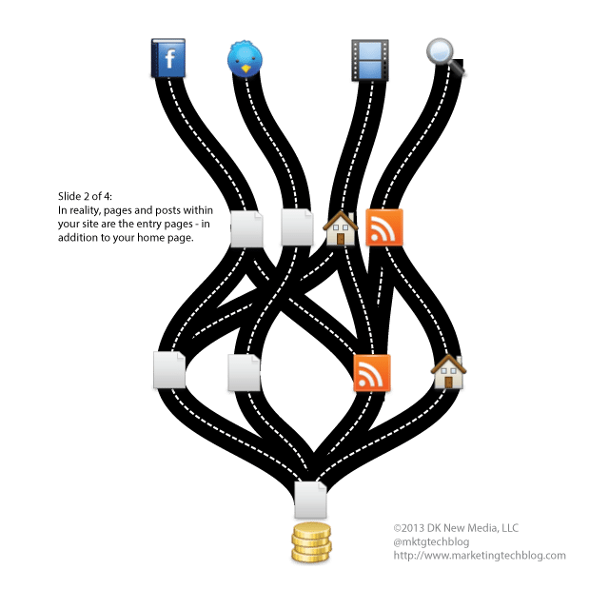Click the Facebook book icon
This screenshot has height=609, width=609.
[x=168, y=59]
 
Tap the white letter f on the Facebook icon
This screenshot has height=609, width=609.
[x=170, y=60]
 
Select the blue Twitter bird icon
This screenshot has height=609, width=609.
[x=246, y=59]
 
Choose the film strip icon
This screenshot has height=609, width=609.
[x=369, y=59]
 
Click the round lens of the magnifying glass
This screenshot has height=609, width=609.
[x=440, y=51]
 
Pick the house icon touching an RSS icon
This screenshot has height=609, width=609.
[x=341, y=228]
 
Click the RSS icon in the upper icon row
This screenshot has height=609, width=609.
[x=384, y=228]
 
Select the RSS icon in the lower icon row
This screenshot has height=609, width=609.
[x=372, y=373]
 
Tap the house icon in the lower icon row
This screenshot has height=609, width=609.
[x=448, y=371]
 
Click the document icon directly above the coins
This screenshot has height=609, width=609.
[x=310, y=500]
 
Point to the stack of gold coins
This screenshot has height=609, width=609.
[x=310, y=543]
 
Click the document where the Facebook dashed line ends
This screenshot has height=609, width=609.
[x=247, y=229]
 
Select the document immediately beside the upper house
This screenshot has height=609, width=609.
[x=297, y=227]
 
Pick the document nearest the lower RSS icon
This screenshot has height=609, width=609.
[x=244, y=372]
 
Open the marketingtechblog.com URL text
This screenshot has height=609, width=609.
[x=479, y=556]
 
